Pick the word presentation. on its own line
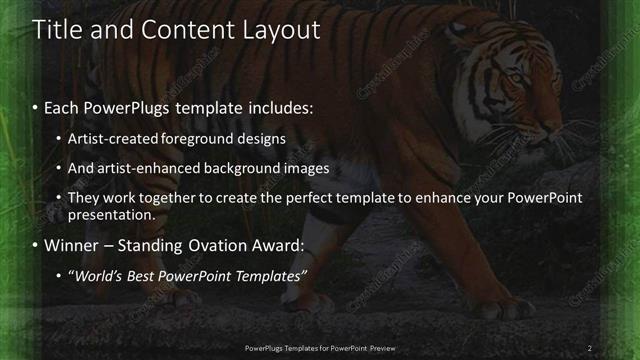pos(111,215)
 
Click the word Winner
pos(71,245)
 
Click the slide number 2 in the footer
pos(590,348)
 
